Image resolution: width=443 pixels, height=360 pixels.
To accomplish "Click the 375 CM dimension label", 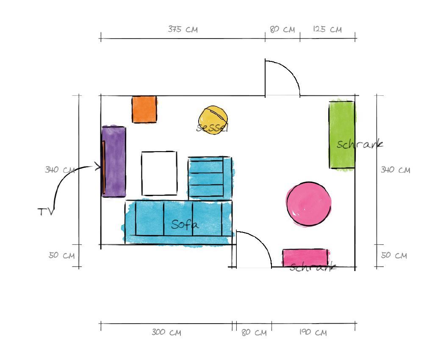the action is pos(183,29).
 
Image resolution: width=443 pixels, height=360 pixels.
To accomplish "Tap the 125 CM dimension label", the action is pos(327,29).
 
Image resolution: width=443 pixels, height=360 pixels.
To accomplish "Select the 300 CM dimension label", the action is pos(166,332).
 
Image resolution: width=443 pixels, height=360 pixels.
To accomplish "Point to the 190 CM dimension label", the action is pos(313,332).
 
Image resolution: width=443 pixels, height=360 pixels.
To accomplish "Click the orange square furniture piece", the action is pos(144,109).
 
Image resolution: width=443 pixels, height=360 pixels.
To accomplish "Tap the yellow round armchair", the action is pos(213,119).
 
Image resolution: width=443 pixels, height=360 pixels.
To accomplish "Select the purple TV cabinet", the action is pos(114,161).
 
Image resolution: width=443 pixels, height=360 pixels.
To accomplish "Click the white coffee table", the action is pos(159,173).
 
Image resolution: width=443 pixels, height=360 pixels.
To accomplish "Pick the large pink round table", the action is pos(308,204).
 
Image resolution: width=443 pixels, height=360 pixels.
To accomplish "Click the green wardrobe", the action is pos(342,135).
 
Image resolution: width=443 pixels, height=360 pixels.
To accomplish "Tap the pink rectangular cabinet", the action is pos(305,258).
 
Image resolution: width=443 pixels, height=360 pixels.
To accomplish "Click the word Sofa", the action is pos(185,224).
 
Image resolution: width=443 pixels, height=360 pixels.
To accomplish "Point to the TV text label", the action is pos(45,212).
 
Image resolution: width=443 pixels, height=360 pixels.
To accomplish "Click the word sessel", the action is pos(212,127).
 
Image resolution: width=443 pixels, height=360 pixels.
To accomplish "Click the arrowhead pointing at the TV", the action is pos(98,166).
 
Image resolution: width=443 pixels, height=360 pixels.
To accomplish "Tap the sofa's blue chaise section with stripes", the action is pos(210,178).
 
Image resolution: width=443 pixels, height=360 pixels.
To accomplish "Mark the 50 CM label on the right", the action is pos(394,255).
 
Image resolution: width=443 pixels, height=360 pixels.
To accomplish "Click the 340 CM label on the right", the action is pos(395,170).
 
